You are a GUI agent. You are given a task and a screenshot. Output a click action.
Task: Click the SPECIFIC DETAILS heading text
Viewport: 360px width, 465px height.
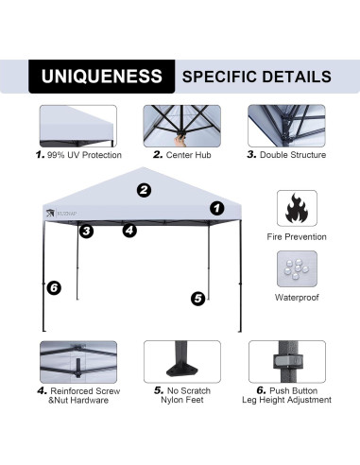256,76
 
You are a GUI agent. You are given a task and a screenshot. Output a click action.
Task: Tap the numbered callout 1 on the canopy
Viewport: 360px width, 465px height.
216,208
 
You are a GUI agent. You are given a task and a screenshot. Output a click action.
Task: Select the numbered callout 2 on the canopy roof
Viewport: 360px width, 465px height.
144,190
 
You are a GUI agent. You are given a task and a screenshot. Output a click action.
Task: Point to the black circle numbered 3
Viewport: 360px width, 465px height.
86,231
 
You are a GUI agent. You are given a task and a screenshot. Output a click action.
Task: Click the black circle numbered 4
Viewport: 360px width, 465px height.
129,230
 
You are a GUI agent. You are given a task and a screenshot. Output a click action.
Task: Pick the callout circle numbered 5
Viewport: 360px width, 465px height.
197,298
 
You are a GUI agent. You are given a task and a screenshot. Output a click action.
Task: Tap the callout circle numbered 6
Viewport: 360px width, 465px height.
54,287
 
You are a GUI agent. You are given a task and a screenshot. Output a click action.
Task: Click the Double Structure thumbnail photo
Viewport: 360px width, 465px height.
286,125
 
